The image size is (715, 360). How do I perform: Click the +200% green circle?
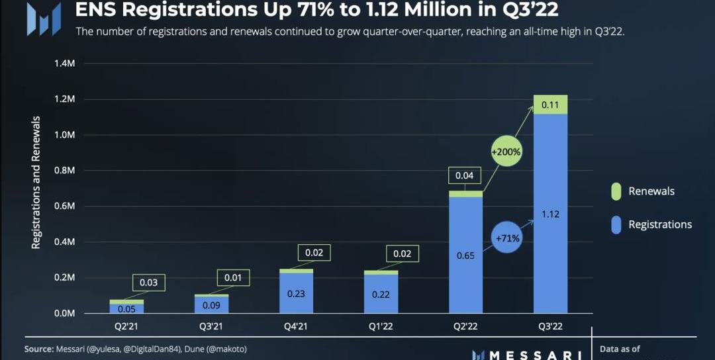click(x=506, y=152)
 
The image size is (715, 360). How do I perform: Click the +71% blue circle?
click(x=506, y=237)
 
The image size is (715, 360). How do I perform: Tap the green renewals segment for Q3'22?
click(x=551, y=105)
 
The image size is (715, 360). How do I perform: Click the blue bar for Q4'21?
click(x=296, y=292)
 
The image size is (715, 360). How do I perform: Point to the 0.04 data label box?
click(x=465, y=175)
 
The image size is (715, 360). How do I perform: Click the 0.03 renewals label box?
click(x=148, y=283)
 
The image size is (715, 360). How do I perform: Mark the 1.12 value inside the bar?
click(x=551, y=214)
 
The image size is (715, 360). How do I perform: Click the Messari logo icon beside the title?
click(x=43, y=19)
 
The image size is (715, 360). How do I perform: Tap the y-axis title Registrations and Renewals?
click(x=36, y=183)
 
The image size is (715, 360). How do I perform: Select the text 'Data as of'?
click(x=620, y=349)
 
